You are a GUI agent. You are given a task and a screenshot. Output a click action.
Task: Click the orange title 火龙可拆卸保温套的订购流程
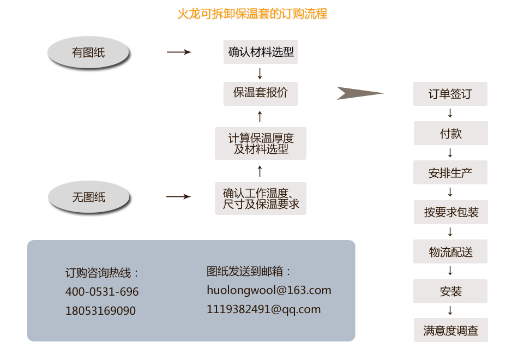click(252, 14)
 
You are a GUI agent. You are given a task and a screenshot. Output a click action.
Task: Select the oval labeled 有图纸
click(88, 53)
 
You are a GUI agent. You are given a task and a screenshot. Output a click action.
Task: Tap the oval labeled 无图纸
click(88, 197)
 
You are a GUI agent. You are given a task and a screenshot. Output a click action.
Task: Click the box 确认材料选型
click(261, 52)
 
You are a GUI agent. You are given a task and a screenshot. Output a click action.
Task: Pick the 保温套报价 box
click(261, 93)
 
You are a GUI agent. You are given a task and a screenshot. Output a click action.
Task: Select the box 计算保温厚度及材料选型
click(261, 143)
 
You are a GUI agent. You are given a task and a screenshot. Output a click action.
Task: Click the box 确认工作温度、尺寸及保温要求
click(261, 199)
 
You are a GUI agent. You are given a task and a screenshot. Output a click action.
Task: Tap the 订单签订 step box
click(450, 94)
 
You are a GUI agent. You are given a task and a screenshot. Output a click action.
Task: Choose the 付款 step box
click(450, 134)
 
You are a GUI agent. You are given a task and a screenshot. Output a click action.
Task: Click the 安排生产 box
click(450, 173)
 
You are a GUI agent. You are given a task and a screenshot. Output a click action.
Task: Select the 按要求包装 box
click(450, 212)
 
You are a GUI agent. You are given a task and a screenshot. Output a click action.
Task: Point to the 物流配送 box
click(450, 252)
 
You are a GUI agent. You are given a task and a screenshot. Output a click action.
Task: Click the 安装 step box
click(450, 291)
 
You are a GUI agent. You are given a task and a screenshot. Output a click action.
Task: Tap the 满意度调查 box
click(450, 331)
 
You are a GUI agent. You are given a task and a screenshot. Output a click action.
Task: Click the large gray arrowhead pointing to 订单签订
click(358, 93)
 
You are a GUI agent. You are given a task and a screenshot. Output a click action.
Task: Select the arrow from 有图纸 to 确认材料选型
click(179, 52)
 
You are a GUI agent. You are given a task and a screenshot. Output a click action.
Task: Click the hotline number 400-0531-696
click(102, 292)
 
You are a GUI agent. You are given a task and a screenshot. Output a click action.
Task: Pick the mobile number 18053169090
click(100, 311)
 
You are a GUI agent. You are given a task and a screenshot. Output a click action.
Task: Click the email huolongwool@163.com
click(269, 290)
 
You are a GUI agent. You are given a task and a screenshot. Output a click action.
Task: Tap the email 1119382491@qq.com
click(263, 309)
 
